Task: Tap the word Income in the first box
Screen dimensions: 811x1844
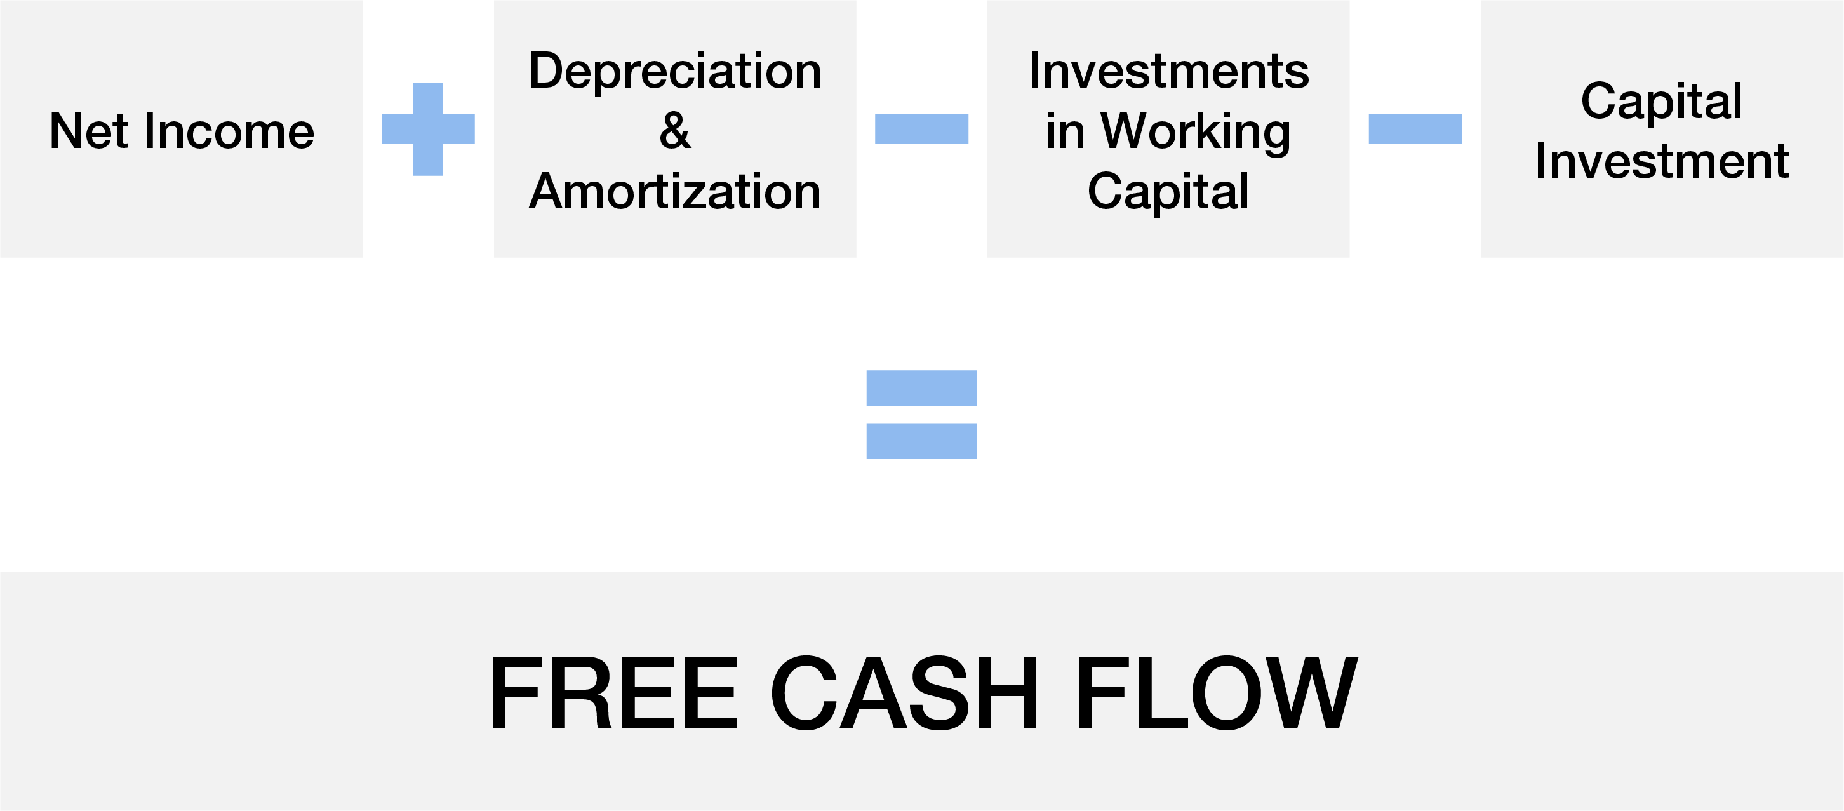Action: pos(229,131)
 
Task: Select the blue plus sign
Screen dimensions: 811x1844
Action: pos(428,129)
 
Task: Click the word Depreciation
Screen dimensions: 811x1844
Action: pos(675,71)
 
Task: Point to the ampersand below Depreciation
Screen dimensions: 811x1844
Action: pos(675,131)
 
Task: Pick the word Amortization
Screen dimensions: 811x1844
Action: pos(675,191)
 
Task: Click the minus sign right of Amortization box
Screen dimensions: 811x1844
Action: pos(921,129)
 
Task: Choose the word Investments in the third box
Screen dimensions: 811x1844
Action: pos(1168,71)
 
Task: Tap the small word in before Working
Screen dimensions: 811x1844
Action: pos(1064,131)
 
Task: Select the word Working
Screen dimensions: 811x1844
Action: pos(1196,131)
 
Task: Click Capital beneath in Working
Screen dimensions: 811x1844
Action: pos(1168,191)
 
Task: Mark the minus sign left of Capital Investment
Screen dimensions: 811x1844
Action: pos(1415,129)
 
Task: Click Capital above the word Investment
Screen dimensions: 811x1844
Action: pos(1662,101)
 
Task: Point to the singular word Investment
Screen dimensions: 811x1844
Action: pos(1662,161)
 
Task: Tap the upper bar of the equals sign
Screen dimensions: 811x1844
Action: pos(921,388)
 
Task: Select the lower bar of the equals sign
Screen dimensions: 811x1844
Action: pos(921,441)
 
